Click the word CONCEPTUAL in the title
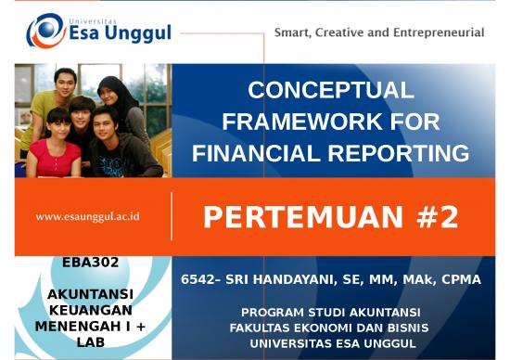[x=330, y=90]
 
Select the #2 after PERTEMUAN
[x=437, y=217]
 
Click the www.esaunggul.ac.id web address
[x=88, y=216]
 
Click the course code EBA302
[x=90, y=263]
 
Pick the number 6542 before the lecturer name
[x=196, y=279]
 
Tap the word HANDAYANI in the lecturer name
[x=283, y=279]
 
